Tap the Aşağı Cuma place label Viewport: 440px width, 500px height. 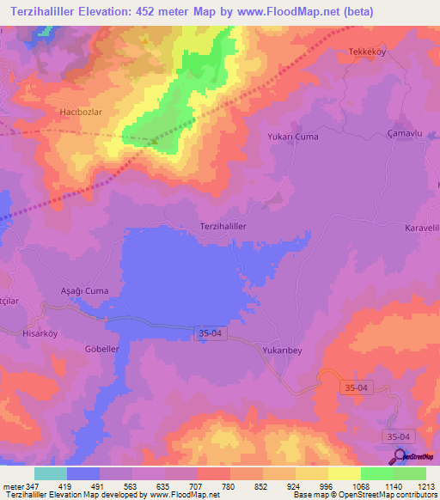tap(84, 291)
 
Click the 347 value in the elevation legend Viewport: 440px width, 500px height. tap(27, 487)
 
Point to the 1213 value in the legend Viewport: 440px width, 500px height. tap(426, 487)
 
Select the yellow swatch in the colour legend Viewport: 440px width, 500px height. tap(345, 473)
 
